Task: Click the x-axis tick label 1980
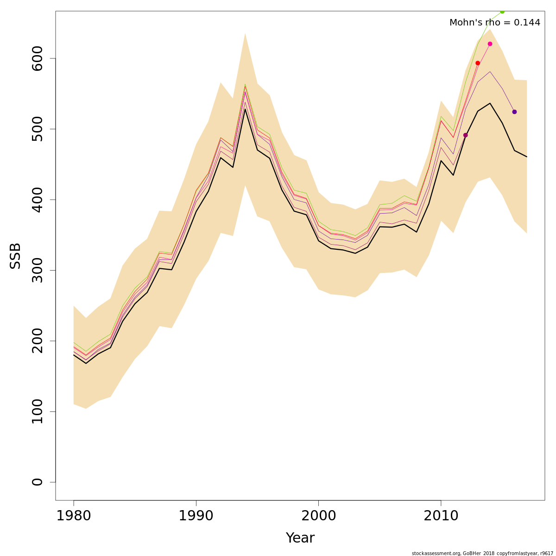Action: tap(74, 516)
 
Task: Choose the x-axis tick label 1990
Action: tap(196, 516)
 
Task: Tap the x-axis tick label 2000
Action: tap(318, 516)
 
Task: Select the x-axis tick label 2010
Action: tap(441, 516)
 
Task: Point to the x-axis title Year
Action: tap(300, 538)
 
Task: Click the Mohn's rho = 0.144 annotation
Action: tap(495, 23)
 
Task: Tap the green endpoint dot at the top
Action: tap(502, 11)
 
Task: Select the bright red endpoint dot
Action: tap(478, 63)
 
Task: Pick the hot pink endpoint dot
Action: tap(490, 44)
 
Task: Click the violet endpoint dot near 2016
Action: tap(514, 112)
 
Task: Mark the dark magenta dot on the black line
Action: tap(466, 135)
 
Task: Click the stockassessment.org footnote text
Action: tap(482, 553)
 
